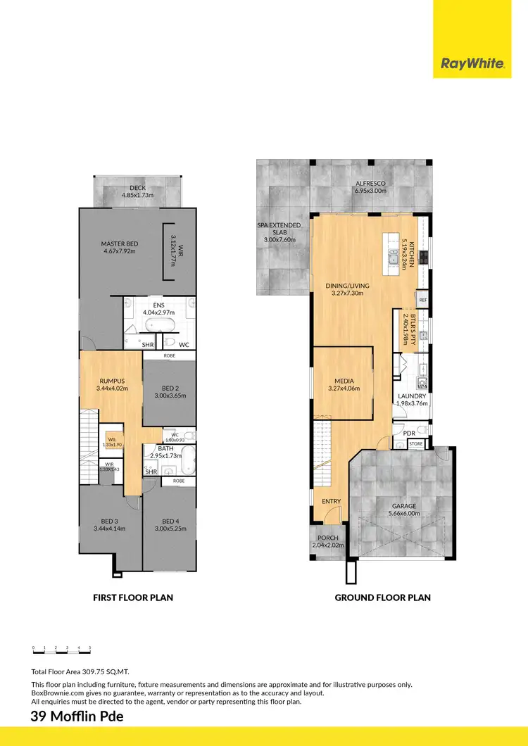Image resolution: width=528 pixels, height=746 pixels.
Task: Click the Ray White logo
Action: point(472,64)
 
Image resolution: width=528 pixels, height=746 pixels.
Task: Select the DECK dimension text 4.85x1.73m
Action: point(138,196)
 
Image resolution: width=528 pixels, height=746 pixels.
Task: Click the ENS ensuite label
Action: point(153,305)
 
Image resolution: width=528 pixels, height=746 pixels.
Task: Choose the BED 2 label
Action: point(168,388)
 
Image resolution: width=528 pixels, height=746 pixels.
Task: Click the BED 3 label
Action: point(110,521)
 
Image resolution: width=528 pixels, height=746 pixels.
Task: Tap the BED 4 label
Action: point(168,521)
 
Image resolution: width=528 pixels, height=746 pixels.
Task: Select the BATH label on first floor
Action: point(165,448)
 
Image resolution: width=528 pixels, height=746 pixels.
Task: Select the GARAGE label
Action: point(404,506)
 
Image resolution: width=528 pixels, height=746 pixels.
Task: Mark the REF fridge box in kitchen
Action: point(422,300)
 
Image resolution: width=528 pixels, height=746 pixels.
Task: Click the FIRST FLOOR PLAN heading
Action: point(133,598)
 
